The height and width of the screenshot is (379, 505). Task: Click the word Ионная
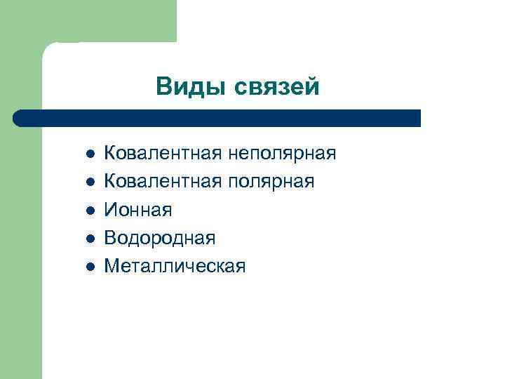click(x=138, y=209)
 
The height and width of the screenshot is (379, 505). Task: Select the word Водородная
click(x=159, y=238)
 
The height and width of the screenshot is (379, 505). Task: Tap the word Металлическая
click(x=175, y=266)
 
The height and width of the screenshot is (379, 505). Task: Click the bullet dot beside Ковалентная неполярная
click(x=88, y=154)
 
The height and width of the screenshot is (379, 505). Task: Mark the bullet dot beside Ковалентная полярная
click(x=88, y=182)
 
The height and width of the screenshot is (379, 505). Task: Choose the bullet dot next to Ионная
click(x=88, y=210)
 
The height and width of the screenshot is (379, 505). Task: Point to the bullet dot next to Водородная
click(x=88, y=239)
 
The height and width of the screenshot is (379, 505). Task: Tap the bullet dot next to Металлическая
click(x=88, y=267)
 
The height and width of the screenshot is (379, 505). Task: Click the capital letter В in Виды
click(x=163, y=86)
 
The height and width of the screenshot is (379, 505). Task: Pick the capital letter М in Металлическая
click(x=112, y=266)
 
